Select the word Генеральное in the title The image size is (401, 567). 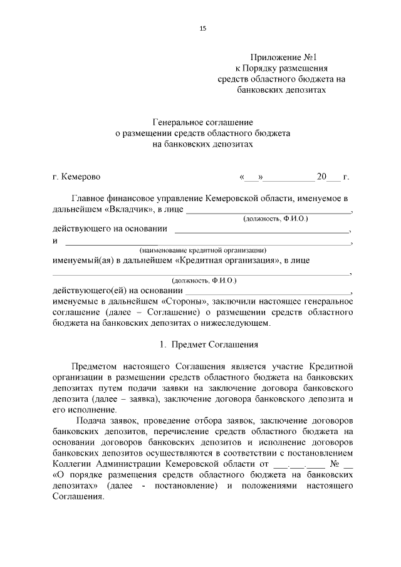[x=177, y=122]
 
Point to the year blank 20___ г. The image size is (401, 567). [x=328, y=177]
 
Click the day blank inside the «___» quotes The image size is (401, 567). [x=253, y=177]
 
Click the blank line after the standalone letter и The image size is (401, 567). [x=207, y=242]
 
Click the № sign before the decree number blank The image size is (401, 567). [x=335, y=464]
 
